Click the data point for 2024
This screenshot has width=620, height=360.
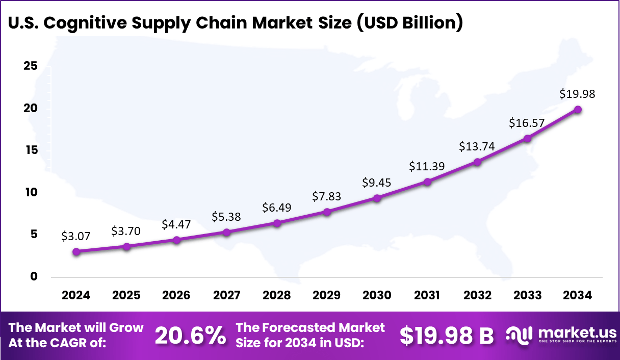[76, 251]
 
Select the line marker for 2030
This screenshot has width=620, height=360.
[377, 198]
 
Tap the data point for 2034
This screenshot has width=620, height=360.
[578, 109]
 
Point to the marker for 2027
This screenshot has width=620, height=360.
[227, 232]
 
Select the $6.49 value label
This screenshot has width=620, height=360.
[277, 208]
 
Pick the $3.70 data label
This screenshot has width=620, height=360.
[126, 231]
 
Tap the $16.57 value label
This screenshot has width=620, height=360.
[527, 123]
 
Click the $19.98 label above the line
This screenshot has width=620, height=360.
[577, 94]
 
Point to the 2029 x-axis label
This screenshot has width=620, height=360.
[327, 296]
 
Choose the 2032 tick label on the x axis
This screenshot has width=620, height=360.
[478, 296]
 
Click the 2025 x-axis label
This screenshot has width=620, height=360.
[126, 296]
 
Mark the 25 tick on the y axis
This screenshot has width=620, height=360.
[31, 66]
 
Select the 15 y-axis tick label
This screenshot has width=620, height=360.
[31, 150]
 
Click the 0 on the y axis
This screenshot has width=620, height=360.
[34, 276]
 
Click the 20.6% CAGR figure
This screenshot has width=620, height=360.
[190, 335]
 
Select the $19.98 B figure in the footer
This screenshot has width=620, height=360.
[447, 335]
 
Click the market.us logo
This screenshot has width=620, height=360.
[561, 335]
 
